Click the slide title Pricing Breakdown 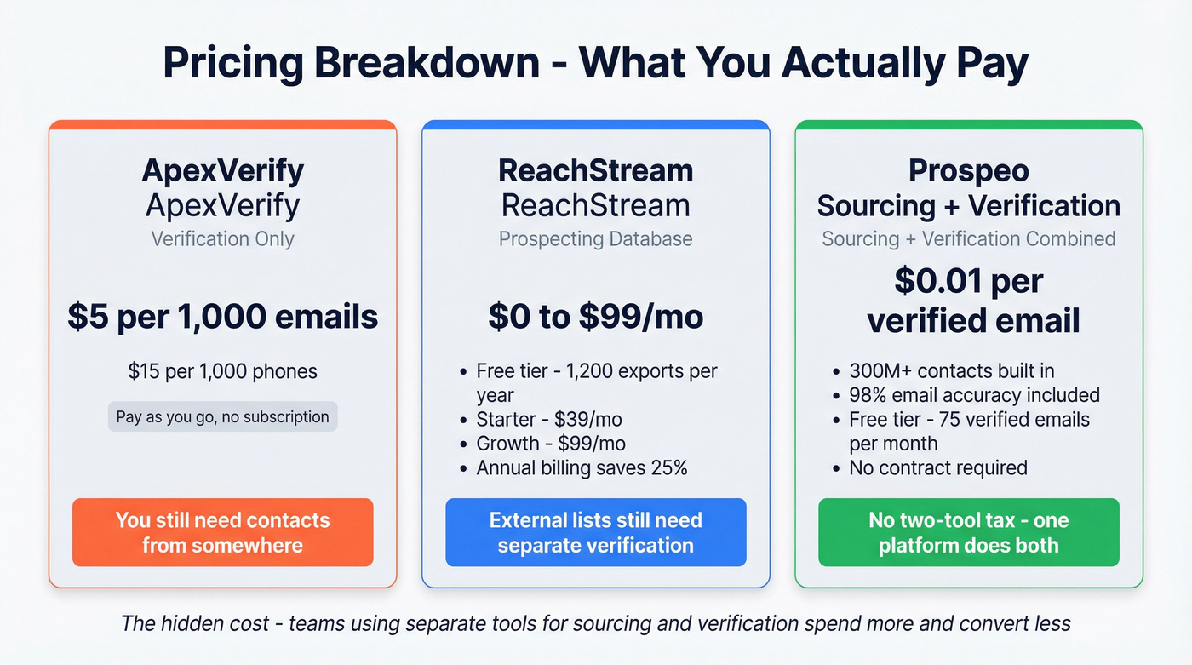click(x=595, y=64)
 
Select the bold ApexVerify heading click(x=222, y=170)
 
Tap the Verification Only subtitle click(x=222, y=238)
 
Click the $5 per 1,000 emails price click(x=222, y=317)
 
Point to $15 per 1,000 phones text click(x=222, y=371)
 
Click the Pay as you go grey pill click(x=222, y=416)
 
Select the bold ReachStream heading click(x=595, y=170)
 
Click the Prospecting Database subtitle click(x=595, y=238)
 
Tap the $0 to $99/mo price click(x=595, y=317)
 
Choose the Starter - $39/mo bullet click(x=550, y=420)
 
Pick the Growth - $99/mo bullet click(x=550, y=444)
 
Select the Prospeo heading click(x=968, y=170)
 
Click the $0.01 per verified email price click(x=968, y=300)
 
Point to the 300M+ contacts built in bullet click(x=951, y=371)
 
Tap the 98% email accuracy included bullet click(x=974, y=395)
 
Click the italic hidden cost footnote click(x=595, y=623)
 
